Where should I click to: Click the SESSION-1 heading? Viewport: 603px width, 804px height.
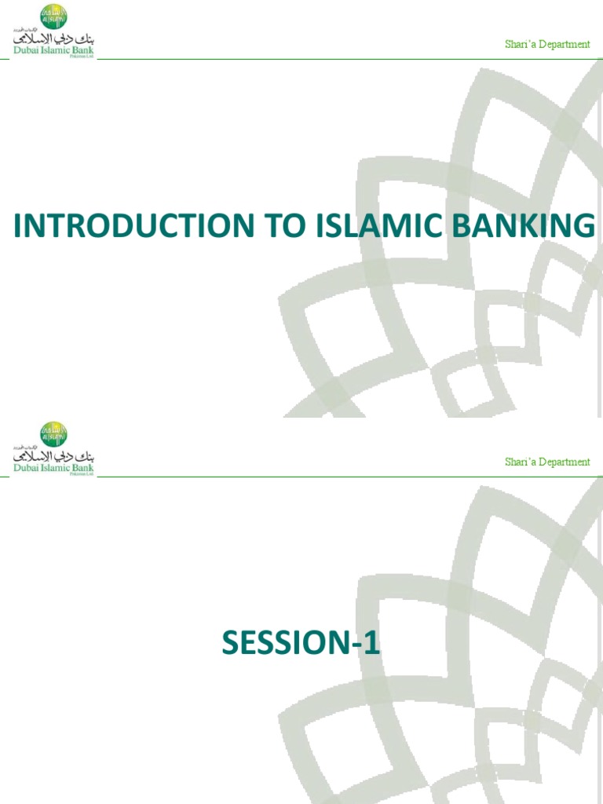[301, 644]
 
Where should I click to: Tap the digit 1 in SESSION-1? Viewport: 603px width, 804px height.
[373, 644]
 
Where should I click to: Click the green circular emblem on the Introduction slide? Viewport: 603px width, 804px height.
[53, 16]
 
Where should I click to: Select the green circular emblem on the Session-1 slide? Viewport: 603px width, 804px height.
[53, 433]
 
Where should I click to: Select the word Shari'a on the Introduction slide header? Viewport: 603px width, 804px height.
[520, 45]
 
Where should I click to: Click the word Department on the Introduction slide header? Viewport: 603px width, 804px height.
[564, 45]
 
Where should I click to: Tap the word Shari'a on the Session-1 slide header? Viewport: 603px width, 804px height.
[520, 462]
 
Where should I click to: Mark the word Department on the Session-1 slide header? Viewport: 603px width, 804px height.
[564, 462]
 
